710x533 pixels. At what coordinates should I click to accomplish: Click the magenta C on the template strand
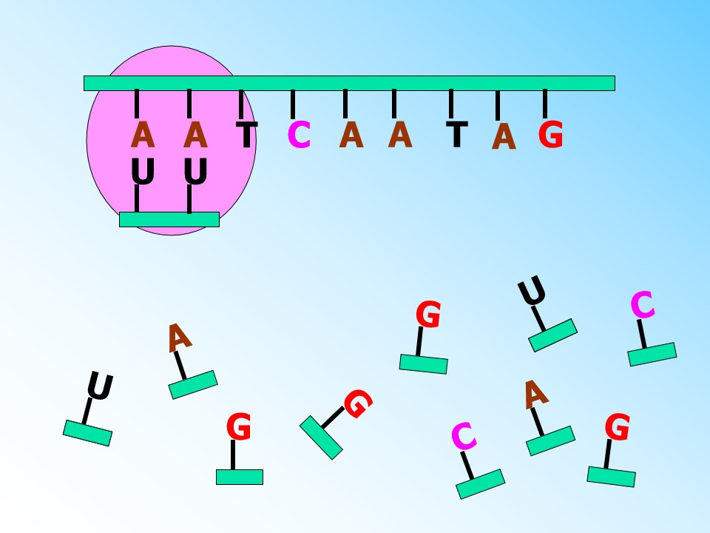[x=299, y=135]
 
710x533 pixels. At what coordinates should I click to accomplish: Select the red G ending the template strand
[x=550, y=135]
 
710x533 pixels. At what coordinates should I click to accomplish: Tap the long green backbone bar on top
[x=349, y=84]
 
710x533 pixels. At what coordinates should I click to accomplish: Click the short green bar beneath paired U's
[x=169, y=219]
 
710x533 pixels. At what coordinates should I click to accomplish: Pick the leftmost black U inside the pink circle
[x=143, y=171]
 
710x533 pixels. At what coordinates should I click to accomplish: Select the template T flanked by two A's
[x=457, y=135]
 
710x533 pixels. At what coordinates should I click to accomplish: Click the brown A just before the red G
[x=504, y=136]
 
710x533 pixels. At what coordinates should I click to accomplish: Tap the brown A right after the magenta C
[x=351, y=135]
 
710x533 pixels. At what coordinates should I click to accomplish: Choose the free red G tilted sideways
[x=358, y=403]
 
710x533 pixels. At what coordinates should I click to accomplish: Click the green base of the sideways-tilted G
[x=321, y=438]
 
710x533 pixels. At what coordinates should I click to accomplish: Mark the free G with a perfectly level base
[x=239, y=426]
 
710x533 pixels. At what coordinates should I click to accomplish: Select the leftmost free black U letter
[x=100, y=386]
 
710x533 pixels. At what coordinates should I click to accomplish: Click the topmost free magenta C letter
[x=643, y=304]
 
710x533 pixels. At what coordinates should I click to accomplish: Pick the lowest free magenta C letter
[x=464, y=436]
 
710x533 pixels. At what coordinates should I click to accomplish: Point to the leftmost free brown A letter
[x=180, y=338]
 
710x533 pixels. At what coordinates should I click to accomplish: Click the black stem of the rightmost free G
[x=608, y=454]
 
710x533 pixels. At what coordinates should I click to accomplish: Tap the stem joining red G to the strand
[x=545, y=104]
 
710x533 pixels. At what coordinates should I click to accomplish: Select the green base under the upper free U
[x=553, y=335]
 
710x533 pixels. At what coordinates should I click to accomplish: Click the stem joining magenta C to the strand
[x=293, y=104]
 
